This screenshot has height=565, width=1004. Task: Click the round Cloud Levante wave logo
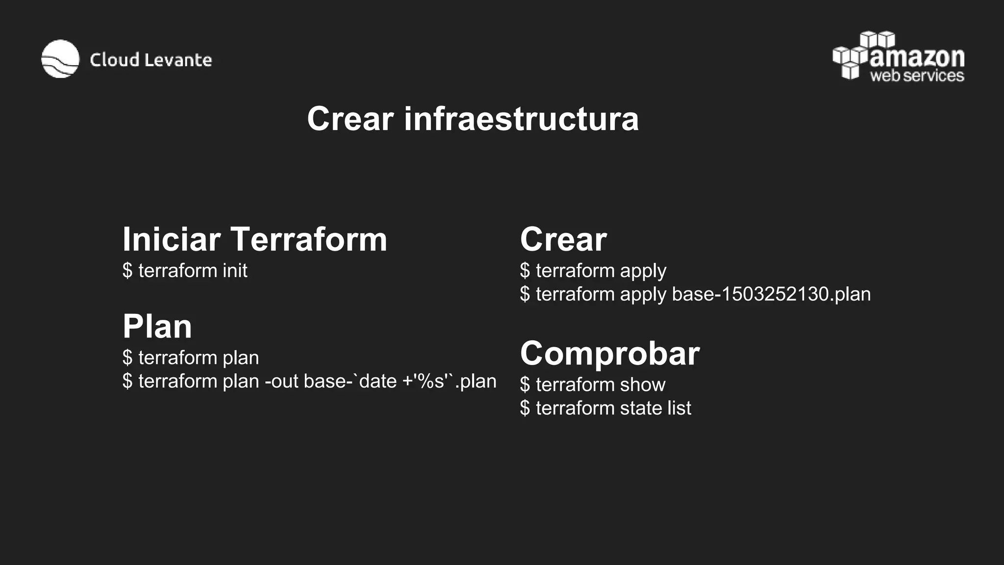coord(60,59)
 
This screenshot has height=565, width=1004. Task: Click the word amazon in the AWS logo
coord(917,58)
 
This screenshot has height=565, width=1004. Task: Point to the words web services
coord(917,76)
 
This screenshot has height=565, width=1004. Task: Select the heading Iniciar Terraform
coord(255,239)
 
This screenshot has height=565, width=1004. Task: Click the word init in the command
coord(235,271)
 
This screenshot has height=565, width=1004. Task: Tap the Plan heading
coord(157,326)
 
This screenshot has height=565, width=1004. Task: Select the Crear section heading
coord(563,239)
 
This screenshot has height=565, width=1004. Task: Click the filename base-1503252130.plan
coord(771,294)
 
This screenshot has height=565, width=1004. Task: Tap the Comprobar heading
coord(610,353)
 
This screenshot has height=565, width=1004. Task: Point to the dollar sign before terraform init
coord(127,271)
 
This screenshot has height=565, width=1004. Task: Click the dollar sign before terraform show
coord(525,385)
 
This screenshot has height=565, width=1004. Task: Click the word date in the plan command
coord(377,381)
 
